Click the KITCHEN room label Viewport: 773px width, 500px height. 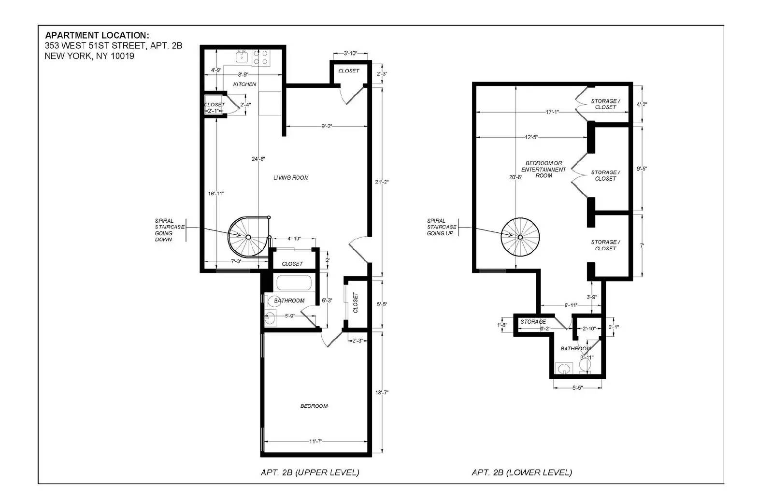pyautogui.click(x=244, y=84)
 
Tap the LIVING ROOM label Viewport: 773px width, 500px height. pyautogui.click(x=291, y=178)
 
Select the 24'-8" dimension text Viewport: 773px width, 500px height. pyautogui.click(x=258, y=159)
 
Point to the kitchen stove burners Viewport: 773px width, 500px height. pyautogui.click(x=261, y=57)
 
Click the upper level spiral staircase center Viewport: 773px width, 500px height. pyautogui.click(x=248, y=237)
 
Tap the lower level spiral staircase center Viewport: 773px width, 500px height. pyautogui.click(x=520, y=237)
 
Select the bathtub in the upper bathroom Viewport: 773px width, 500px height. pyautogui.click(x=294, y=283)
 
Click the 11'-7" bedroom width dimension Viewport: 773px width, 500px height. pyautogui.click(x=315, y=442)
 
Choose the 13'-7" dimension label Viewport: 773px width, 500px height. pyautogui.click(x=382, y=392)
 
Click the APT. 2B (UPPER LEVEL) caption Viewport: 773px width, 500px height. pyautogui.click(x=310, y=472)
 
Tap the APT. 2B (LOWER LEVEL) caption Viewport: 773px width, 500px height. pyautogui.click(x=522, y=472)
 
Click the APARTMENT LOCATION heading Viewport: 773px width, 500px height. pyautogui.click(x=97, y=35)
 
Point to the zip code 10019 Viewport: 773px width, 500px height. pyautogui.click(x=123, y=56)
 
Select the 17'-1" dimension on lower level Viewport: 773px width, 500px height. pyautogui.click(x=552, y=112)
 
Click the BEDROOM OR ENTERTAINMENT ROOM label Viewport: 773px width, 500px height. pyautogui.click(x=544, y=170)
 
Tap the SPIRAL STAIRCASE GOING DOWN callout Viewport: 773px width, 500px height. pyautogui.click(x=170, y=230)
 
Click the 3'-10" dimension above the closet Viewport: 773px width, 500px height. pyautogui.click(x=350, y=54)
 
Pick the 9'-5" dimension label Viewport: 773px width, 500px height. pyautogui.click(x=642, y=169)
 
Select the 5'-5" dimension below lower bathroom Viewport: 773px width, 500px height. pyautogui.click(x=578, y=387)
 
